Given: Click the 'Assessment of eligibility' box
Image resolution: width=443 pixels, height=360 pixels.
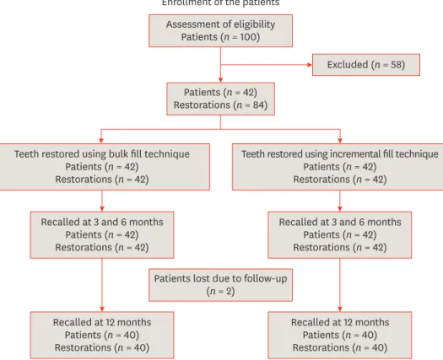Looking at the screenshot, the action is pos(220,31).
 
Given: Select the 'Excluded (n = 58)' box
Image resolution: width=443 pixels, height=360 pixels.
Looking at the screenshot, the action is pos(366,65).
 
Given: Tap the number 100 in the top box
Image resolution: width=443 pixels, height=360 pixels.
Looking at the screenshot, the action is pos(247,37).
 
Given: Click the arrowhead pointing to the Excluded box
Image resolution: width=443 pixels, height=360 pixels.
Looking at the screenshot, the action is pos(310,65).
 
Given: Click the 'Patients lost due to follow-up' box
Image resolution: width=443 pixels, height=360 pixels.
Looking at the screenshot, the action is pos(220,285).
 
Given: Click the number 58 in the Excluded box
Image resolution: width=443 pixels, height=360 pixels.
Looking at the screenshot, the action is pos(397,65).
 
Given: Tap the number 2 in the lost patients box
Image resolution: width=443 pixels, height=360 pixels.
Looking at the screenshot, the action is pos(230,291).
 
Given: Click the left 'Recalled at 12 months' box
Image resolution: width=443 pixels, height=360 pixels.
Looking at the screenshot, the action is pos(102,336).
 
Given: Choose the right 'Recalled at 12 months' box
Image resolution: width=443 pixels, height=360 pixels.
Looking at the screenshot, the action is pos(340,336).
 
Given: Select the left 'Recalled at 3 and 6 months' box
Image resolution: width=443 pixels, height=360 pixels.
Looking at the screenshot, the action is pos(102,235).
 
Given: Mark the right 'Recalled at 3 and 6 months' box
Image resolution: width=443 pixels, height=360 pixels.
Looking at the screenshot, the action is pos(340,235).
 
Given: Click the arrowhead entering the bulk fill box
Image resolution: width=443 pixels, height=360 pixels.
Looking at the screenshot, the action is pos(101,141).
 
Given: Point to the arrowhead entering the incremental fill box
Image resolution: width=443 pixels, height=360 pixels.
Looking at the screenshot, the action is pos(340,141).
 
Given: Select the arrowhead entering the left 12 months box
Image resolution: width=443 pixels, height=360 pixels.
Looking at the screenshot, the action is pos(102,309).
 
